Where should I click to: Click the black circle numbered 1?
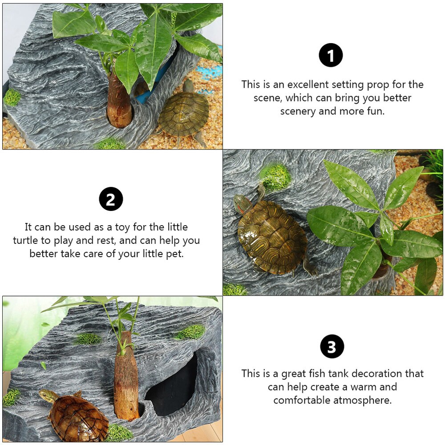coord(331,55)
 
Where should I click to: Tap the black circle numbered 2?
coord(111,199)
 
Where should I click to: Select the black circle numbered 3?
coord(332,347)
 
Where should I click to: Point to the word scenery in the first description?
coord(298,111)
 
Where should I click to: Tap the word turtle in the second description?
coord(25,240)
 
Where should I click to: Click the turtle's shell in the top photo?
coord(184,113)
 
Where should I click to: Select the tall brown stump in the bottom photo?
coord(126,376)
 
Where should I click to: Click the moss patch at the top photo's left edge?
coord(12,97)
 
